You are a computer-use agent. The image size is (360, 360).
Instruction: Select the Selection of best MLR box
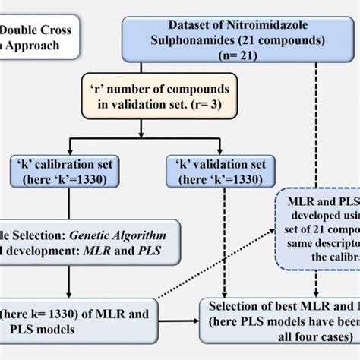coord(281,333)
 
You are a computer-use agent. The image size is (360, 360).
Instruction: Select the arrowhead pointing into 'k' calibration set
coord(70,153)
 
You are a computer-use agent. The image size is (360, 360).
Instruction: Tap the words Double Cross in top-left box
coord(38,30)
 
